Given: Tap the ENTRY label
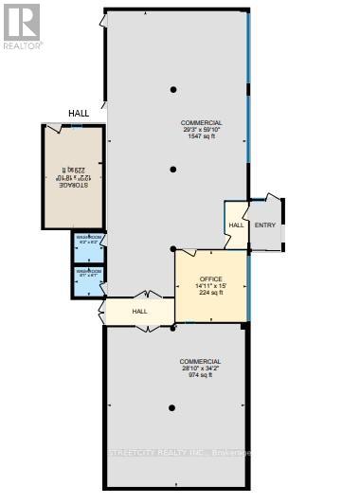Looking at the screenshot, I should pos(264,225).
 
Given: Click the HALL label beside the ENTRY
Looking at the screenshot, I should pos(236,225).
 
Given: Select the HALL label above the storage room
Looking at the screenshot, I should pos(79,114).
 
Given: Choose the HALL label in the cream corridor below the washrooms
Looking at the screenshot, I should pos(139,311).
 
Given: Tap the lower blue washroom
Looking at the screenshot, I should pos(88,279).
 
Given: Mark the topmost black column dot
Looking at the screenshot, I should pos(173,90).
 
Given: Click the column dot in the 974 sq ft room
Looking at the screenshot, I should pos(172,408).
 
